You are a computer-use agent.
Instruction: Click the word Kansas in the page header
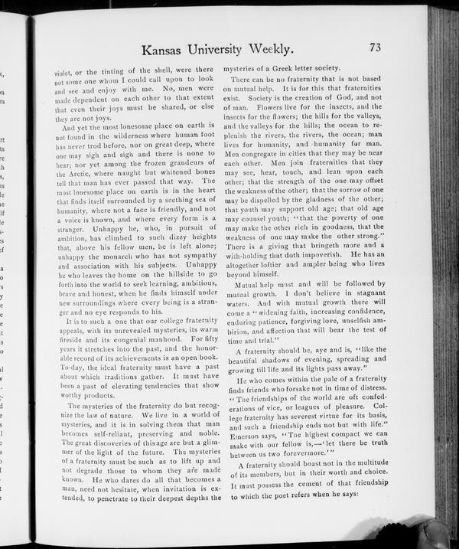(166, 51)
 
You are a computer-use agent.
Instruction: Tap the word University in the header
(238, 51)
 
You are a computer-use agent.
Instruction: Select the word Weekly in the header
(313, 51)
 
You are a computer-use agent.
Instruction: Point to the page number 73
(375, 47)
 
